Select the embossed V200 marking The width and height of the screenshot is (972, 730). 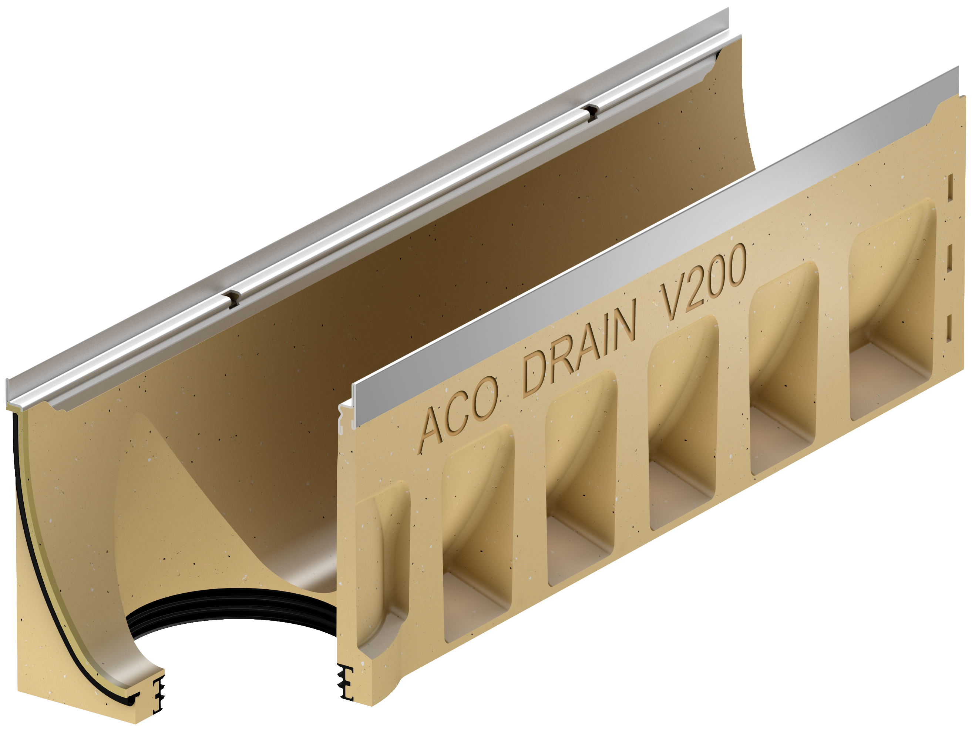click(x=703, y=281)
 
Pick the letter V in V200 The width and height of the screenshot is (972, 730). click(x=672, y=301)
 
